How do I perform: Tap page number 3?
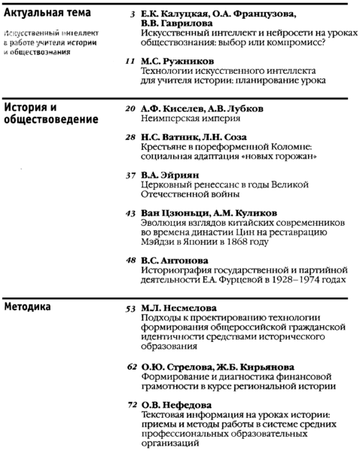(x=133, y=14)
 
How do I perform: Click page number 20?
(x=130, y=108)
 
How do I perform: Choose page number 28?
(x=130, y=138)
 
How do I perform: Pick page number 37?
(x=130, y=175)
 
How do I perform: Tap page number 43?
(x=130, y=213)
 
